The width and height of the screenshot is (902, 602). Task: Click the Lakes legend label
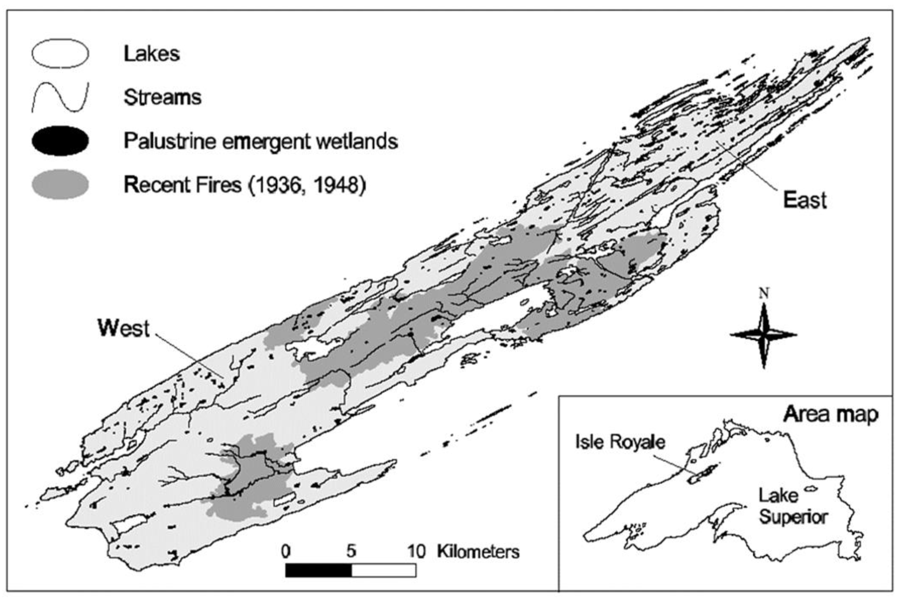coord(151,54)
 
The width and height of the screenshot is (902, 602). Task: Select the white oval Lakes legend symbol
coord(60,54)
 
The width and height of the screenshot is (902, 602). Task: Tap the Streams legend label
coord(162,97)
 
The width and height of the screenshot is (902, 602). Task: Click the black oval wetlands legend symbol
coord(60,141)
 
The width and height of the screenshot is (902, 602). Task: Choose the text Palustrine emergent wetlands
coord(261,141)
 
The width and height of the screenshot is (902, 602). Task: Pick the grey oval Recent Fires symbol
coord(60,185)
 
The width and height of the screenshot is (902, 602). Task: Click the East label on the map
coord(804,200)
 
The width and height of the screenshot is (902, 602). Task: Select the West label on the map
coord(123,328)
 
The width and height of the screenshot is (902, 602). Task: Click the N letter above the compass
coord(764,294)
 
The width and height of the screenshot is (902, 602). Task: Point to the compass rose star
coord(763,335)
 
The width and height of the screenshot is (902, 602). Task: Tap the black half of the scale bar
coord(318,570)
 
